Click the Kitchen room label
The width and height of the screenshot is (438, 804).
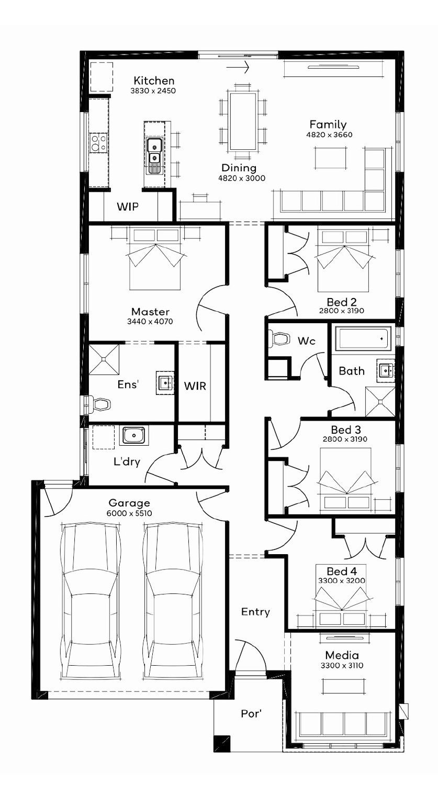click(154, 81)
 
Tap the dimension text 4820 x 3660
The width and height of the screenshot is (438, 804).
click(329, 135)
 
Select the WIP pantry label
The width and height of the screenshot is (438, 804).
click(127, 206)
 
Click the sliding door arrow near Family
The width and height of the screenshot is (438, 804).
click(238, 67)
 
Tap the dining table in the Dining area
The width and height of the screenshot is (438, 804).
click(243, 122)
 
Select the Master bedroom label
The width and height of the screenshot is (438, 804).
click(150, 311)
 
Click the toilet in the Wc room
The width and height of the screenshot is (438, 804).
click(281, 338)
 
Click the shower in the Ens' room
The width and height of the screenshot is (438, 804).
click(104, 359)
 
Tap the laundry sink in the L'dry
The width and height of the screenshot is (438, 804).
click(134, 435)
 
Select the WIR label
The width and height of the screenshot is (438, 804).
click(195, 386)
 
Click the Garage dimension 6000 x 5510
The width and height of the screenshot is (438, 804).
click(129, 513)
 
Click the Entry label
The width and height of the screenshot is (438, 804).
click(255, 612)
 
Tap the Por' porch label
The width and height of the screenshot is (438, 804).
click(251, 713)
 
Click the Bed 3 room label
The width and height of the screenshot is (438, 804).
click(346, 429)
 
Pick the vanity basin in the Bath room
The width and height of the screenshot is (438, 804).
click(386, 370)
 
